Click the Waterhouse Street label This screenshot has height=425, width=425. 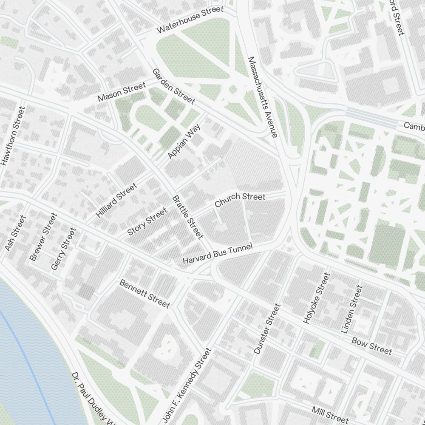pyautogui.click(x=190, y=20)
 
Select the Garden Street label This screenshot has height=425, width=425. pyautogui.click(x=173, y=86)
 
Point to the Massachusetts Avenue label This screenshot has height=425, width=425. pyautogui.click(x=262, y=97)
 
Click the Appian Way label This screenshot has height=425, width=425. pyautogui.click(x=184, y=144)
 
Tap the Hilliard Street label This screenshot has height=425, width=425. pyautogui.click(x=117, y=200)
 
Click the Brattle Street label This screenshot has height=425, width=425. pyautogui.click(x=188, y=217)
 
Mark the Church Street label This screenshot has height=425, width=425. pyautogui.click(x=240, y=200)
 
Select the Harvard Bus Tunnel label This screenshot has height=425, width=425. pyautogui.click(x=218, y=254)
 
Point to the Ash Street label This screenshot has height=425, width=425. pyautogui.click(x=15, y=233)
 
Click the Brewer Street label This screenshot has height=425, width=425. pyautogui.click(x=43, y=237)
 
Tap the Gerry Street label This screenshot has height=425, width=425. pyautogui.click(x=63, y=249)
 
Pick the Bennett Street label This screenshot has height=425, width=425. pyautogui.click(x=144, y=294)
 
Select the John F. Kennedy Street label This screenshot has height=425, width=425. pyautogui.click(x=187, y=385)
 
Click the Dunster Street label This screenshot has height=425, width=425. pyautogui.click(x=267, y=329)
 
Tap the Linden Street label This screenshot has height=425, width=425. pyautogui.click(x=352, y=309)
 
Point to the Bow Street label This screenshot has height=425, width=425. pyautogui.click(x=371, y=346)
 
